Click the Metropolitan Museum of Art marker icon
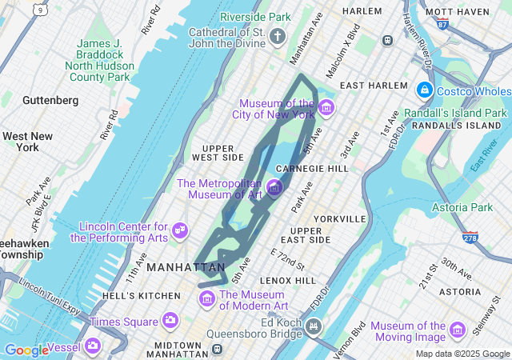pos(274,188)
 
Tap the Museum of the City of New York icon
pos(326,107)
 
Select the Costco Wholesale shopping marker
pos(424,91)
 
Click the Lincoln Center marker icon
pos(180,231)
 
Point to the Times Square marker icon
pos(170,321)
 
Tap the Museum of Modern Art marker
pos(207,299)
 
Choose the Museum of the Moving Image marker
pos(458,330)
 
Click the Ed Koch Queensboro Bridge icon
pos(314,326)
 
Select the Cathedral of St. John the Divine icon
pos(277,36)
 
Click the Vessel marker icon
pos(93,346)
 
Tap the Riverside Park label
pos(255,16)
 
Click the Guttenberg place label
pos(50,100)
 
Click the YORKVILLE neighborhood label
pos(340,218)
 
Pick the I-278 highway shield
pos(470,238)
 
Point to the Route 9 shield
pos(39,10)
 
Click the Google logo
pos(26,350)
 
